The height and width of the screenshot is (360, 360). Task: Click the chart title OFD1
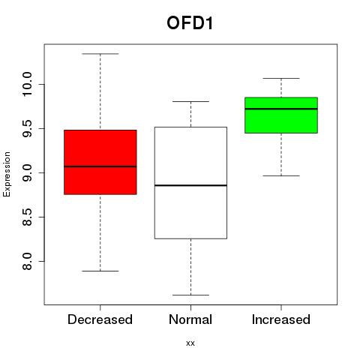(190, 23)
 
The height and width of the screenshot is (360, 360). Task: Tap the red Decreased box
(100, 162)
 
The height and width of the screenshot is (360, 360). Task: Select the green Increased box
(281, 115)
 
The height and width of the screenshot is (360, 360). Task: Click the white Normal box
(190, 183)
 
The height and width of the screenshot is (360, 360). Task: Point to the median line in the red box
(100, 166)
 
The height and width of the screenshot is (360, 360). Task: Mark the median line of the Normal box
(190, 185)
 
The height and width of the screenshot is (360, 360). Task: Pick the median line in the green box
(281, 109)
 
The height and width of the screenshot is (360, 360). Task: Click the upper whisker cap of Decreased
(100, 54)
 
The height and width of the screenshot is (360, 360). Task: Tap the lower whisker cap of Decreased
(100, 271)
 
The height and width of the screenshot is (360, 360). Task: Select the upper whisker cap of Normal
(190, 101)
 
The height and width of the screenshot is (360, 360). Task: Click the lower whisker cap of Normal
(190, 295)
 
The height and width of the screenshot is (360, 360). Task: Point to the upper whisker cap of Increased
(281, 78)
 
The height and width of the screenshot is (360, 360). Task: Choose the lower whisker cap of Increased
(281, 175)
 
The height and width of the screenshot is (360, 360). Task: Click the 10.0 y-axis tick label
(27, 84)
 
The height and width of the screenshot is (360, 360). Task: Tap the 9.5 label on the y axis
(27, 128)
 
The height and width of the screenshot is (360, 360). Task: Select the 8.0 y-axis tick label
(27, 261)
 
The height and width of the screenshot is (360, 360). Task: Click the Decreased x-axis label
(100, 319)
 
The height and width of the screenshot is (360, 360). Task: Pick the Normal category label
(190, 319)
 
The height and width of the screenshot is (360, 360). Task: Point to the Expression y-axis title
(7, 174)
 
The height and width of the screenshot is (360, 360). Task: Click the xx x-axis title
(190, 343)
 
